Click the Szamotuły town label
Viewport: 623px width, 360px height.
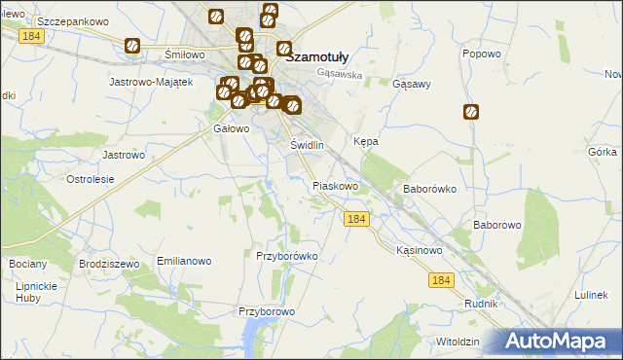point(328,56)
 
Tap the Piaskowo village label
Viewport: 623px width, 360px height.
point(336,185)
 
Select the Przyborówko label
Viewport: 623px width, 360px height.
point(287,256)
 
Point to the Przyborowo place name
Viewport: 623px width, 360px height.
point(267,311)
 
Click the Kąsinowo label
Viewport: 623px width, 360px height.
point(421,250)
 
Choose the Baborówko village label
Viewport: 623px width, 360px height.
point(430,189)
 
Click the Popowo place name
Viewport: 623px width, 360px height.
point(482,54)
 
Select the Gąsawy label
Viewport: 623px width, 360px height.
point(411,85)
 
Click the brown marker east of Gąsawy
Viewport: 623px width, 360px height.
point(471,112)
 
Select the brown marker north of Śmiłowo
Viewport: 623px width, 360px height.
point(132,46)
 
